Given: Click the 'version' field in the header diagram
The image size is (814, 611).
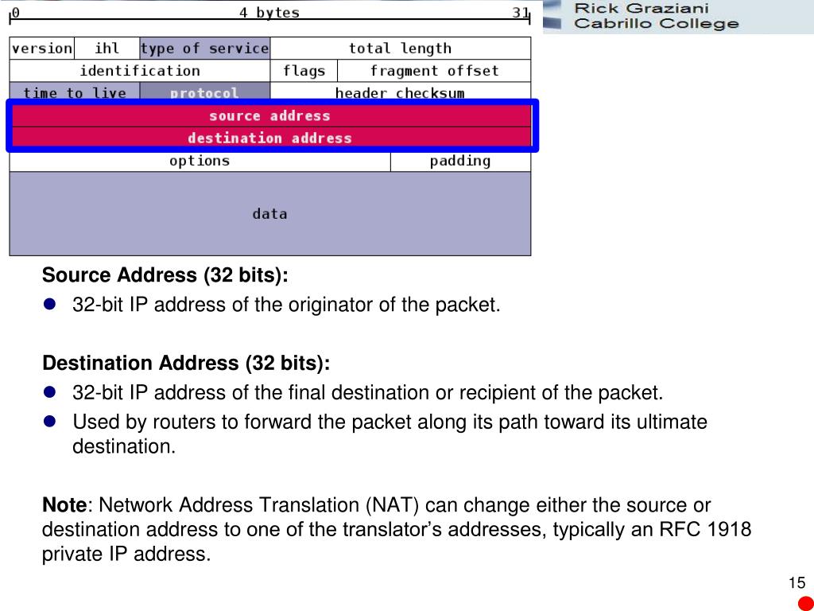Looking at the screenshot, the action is coord(41,49).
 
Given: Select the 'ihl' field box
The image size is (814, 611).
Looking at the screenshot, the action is coord(107,49).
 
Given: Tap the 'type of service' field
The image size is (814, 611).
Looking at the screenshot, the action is coord(204,49).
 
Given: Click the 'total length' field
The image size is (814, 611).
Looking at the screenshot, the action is coord(400,49).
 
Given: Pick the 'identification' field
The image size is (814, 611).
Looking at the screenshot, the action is coord(140,71).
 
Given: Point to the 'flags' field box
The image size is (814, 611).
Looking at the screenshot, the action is coord(304,71).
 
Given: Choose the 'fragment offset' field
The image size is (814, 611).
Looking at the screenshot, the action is coord(434,71).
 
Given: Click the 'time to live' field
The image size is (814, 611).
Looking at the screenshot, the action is coord(75,92).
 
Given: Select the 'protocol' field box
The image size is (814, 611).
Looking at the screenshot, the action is coord(204,92).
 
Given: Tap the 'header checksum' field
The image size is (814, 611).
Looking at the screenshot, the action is coord(400,92).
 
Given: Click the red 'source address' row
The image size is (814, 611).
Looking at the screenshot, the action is coord(269,116).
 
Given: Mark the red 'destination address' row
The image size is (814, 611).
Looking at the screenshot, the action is coord(269,138).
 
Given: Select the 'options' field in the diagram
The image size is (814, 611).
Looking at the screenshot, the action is coord(200,162).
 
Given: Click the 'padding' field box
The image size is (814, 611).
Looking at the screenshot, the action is coord(460,162).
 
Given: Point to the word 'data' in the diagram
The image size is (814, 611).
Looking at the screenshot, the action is coord(269,214).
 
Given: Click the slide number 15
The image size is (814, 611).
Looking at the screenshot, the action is coord(797,583).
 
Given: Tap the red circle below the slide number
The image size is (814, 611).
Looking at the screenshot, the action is coord(806,603).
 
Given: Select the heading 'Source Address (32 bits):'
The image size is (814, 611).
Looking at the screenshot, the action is coord(165,276).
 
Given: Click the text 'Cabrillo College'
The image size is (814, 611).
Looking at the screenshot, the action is coord(656,24).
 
